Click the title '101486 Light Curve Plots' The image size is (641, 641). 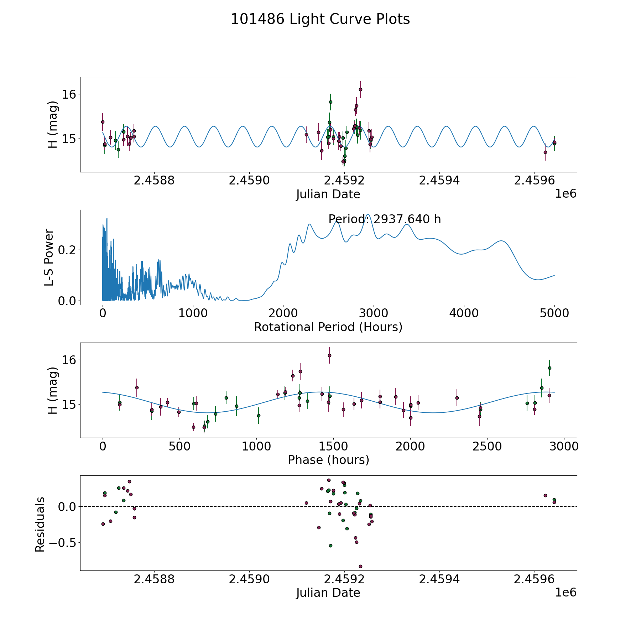click(320, 19)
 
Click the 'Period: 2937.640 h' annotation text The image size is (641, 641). click(385, 219)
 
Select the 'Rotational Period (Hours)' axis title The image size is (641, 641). click(328, 327)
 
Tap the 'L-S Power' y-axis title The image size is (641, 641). click(49, 257)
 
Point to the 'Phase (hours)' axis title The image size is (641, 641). click(328, 460)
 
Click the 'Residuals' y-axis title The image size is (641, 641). click(40, 524)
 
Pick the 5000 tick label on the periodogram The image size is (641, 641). click(554, 313)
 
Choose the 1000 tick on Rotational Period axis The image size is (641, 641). click(193, 313)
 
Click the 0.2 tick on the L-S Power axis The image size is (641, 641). click(67, 250)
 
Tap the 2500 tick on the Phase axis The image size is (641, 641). click(487, 446)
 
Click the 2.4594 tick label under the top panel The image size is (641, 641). click(439, 181)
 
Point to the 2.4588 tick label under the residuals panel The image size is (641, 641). click(154, 579)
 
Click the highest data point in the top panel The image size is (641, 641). click(360, 89)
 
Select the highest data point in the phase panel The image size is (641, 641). click(329, 355)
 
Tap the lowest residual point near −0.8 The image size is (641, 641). click(360, 566)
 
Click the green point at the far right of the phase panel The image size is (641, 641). click(549, 368)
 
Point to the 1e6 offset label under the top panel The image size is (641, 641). click(566, 194)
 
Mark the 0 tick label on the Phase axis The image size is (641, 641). click(103, 446)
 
